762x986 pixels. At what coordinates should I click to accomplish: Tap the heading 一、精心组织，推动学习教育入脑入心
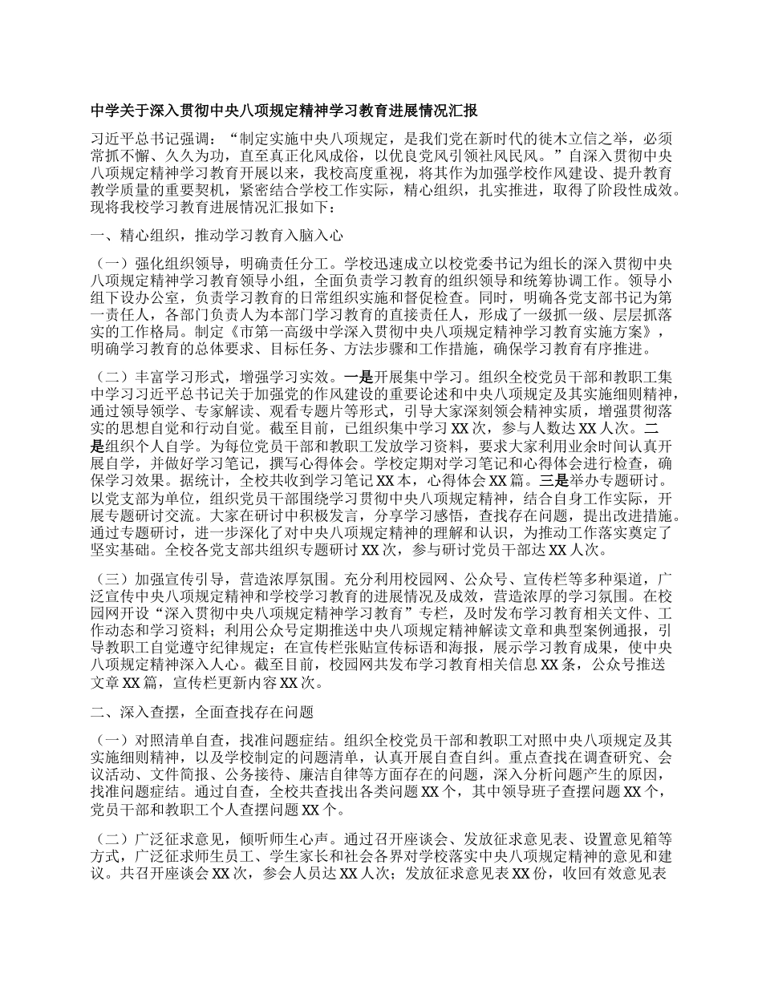[x=217, y=236]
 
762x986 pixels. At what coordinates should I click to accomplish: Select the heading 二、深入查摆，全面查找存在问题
[x=202, y=711]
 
